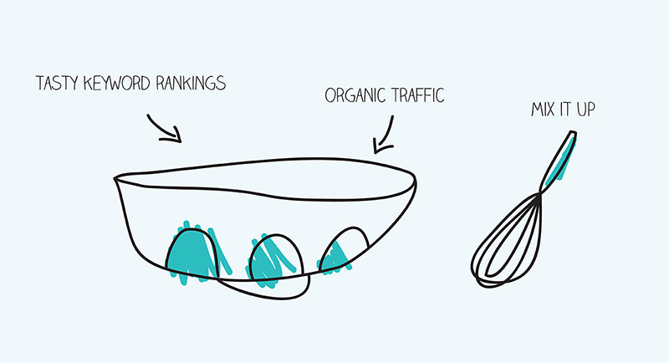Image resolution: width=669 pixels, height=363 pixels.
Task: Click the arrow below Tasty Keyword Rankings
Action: (x=165, y=126)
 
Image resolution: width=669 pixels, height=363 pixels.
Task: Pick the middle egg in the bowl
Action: (x=272, y=258)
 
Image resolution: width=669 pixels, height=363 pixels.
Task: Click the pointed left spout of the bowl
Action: (x=118, y=178)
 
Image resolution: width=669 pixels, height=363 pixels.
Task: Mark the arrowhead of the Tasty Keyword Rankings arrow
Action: (x=176, y=137)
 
